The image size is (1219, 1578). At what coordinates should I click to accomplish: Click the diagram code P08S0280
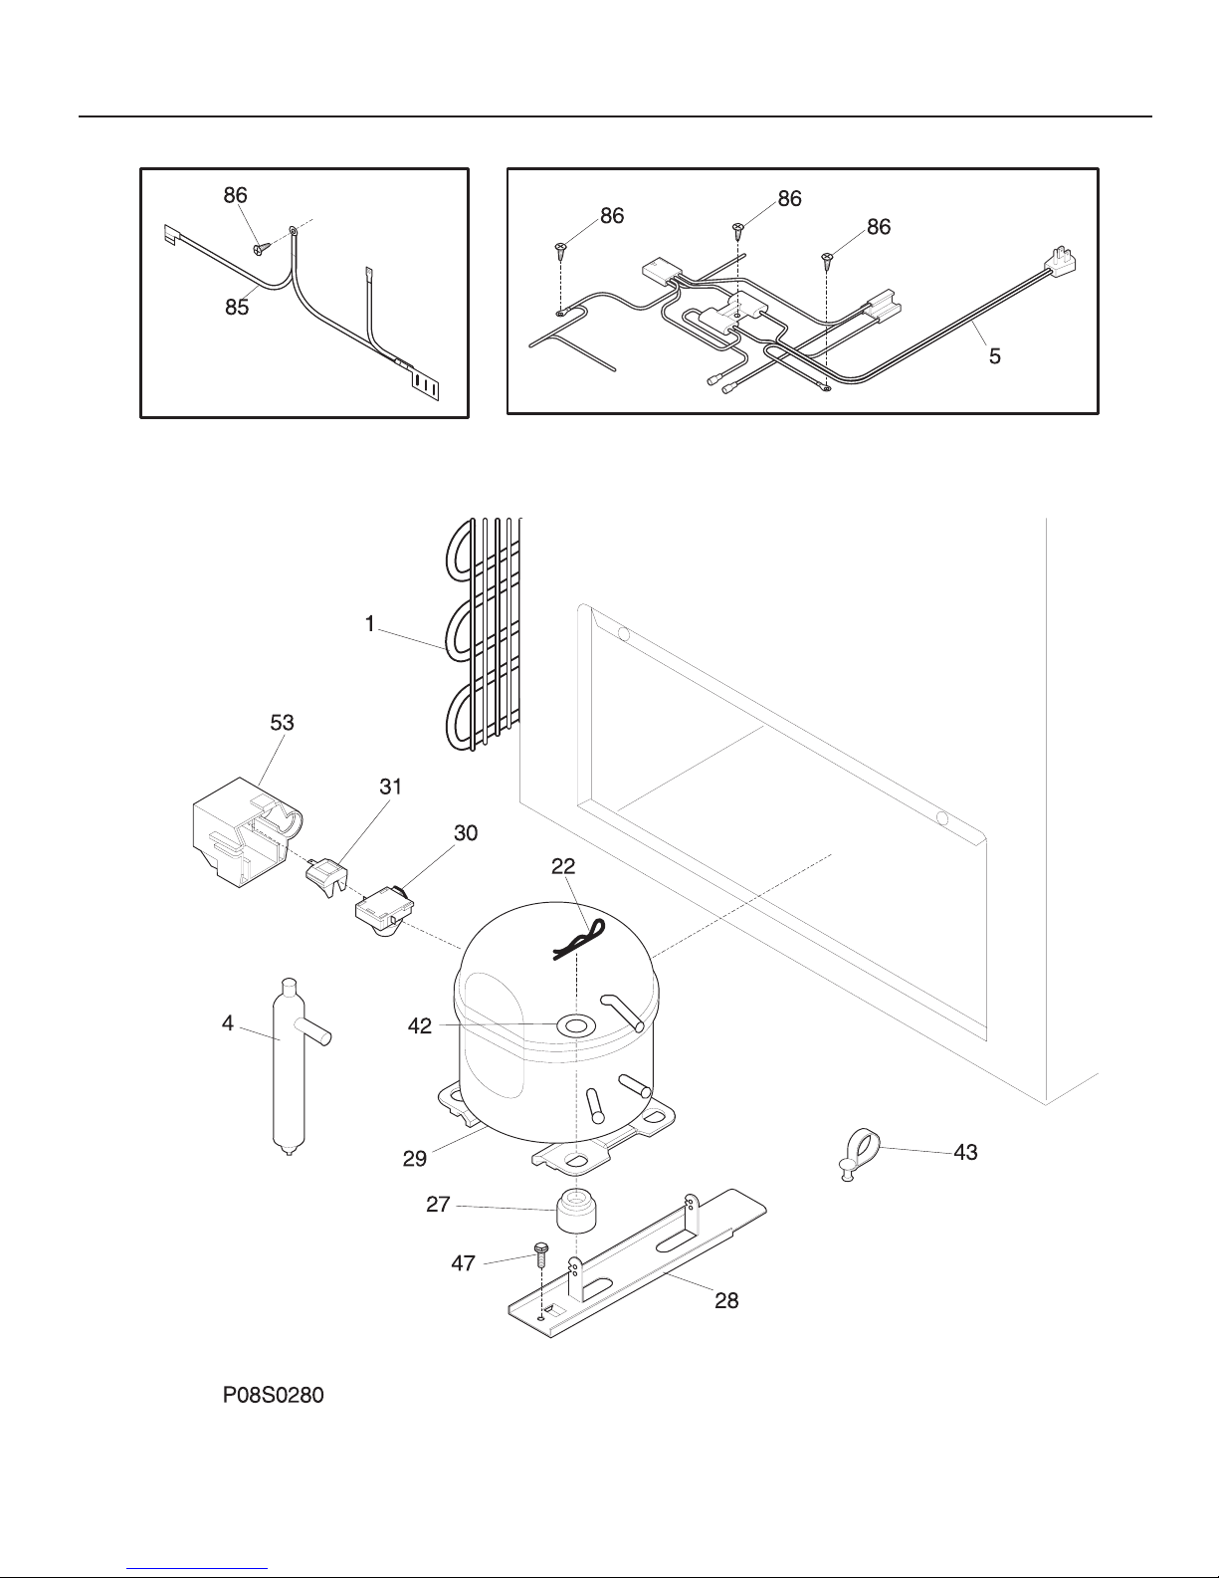coord(273,1395)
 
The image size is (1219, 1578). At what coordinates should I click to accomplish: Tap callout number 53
coord(283,723)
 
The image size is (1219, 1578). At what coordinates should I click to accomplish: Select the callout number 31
coord(390,787)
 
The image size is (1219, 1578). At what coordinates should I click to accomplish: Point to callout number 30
coord(466,833)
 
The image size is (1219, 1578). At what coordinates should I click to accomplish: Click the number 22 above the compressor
coord(563,865)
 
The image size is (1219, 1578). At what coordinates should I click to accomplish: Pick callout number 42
coord(419,1025)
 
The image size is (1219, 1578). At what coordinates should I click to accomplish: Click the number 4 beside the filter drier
coord(228,1023)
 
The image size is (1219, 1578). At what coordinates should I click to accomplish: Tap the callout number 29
coord(414,1158)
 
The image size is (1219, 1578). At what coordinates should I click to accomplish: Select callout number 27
coord(438,1204)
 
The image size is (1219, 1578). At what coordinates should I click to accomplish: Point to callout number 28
coord(726,1300)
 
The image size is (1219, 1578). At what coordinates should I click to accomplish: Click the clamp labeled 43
coord(859,1156)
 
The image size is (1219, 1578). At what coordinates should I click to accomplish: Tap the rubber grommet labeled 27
coord(576,1211)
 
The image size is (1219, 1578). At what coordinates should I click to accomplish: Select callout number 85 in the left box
coord(237,308)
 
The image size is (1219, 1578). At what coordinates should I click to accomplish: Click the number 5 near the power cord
coord(995,355)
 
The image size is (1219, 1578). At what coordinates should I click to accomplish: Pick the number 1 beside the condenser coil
coord(370,624)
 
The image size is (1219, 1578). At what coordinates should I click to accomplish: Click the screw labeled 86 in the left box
coord(261,249)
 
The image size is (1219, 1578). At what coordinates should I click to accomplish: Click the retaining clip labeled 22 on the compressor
coord(578,939)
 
